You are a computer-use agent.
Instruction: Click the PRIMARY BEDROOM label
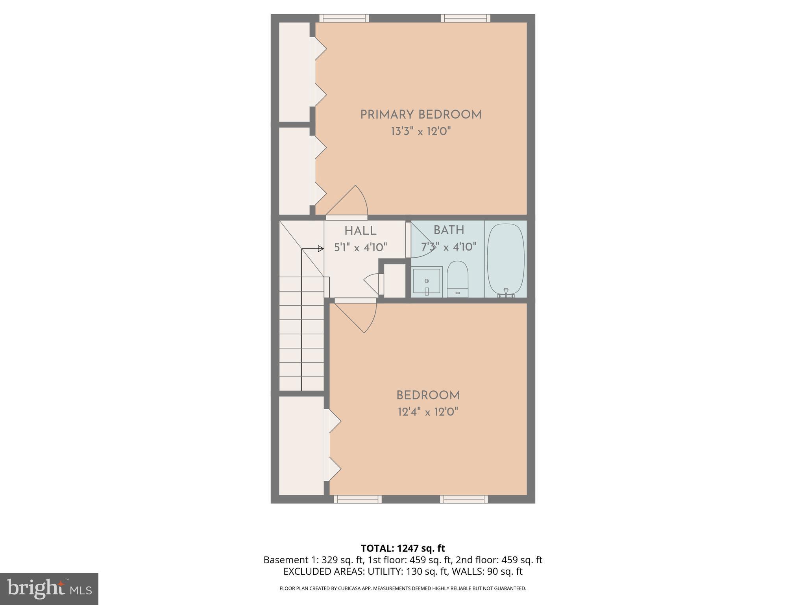coord(421,115)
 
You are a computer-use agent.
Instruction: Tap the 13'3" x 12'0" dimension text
coord(421,132)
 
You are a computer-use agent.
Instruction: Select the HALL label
coord(360,231)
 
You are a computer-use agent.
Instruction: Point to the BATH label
coord(449,230)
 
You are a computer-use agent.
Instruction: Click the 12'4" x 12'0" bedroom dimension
coord(428,412)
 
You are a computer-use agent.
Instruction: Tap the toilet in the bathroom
coord(457,279)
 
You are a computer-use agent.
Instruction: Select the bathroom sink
coord(427,281)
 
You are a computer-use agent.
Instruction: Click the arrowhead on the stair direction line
coord(321,249)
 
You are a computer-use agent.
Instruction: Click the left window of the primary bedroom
coord(344,18)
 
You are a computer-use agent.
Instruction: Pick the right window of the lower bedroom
coord(464,499)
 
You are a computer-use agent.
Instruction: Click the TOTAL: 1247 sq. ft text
coord(403,548)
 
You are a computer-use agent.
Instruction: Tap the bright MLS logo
coord(49,588)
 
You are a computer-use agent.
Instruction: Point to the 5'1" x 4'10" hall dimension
coord(360,248)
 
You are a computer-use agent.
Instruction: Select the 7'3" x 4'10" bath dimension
coord(449,247)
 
